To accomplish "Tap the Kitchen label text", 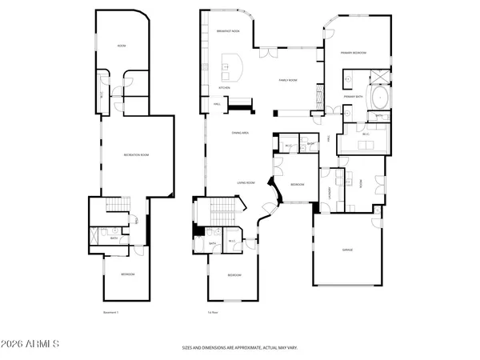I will (x=226, y=87).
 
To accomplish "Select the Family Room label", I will (x=288, y=80).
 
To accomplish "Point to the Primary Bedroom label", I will (x=354, y=53).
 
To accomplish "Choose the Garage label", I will (x=347, y=250).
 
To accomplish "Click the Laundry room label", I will (x=330, y=191).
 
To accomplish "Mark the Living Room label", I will (x=246, y=182).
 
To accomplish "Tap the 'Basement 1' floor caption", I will (x=111, y=312).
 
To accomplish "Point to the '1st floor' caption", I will (x=214, y=312).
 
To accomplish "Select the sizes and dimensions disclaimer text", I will (x=240, y=348).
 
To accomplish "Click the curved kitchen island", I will (x=233, y=64).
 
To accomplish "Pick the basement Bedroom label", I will (x=128, y=274).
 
